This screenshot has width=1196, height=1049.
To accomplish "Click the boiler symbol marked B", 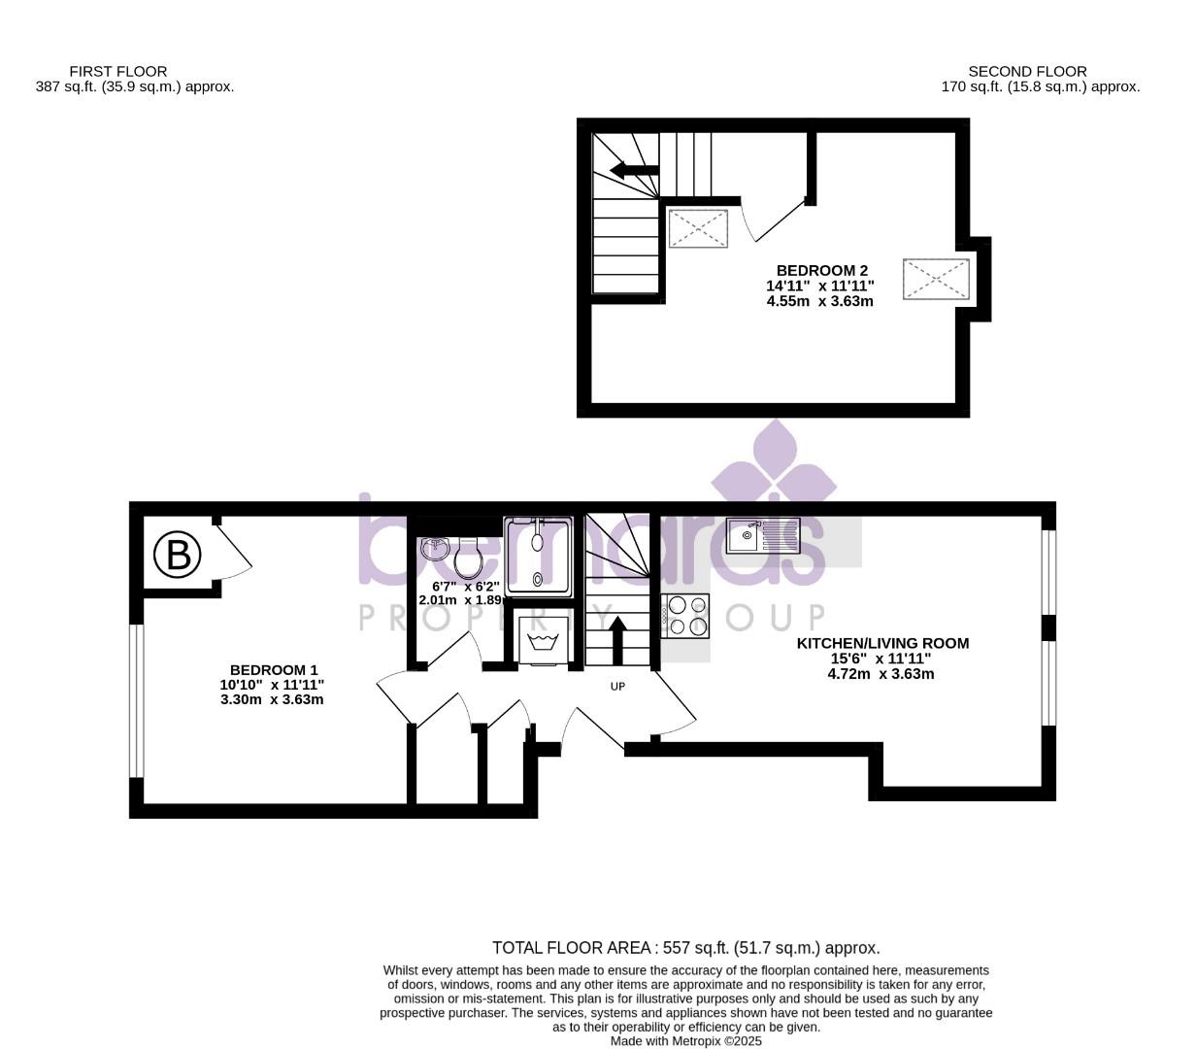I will pyautogui.click(x=178, y=555).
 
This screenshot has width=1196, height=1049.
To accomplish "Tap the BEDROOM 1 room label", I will pyautogui.click(x=273, y=670).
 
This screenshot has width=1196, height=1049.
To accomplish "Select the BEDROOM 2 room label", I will pyautogui.click(x=821, y=270).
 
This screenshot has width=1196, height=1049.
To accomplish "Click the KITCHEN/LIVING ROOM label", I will pyautogui.click(x=882, y=643).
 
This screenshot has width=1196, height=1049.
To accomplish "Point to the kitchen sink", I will pyautogui.click(x=763, y=535).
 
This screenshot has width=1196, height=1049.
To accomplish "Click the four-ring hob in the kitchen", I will pyautogui.click(x=686, y=616).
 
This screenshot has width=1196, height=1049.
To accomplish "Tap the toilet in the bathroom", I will pyautogui.click(x=469, y=558).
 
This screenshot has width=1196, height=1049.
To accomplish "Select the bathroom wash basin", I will pyautogui.click(x=434, y=549).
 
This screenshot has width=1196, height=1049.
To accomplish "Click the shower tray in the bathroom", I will pyautogui.click(x=538, y=555).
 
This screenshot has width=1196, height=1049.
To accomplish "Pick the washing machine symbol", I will pyautogui.click(x=539, y=641).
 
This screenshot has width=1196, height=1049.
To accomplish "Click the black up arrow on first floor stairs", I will pyautogui.click(x=617, y=641).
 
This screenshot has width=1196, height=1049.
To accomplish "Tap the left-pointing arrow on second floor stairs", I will pyautogui.click(x=634, y=171).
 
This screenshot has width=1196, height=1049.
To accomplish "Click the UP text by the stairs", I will pyautogui.click(x=617, y=687).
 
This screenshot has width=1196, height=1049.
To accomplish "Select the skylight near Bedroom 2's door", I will pyautogui.click(x=698, y=228).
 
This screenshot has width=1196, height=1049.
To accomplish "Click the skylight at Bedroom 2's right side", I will pyautogui.click(x=936, y=280).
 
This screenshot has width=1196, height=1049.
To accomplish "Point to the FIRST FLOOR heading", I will pyautogui.click(x=117, y=71).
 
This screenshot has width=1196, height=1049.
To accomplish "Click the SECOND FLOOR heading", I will pyautogui.click(x=1027, y=71).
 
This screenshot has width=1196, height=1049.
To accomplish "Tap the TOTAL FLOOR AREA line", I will pyautogui.click(x=685, y=948).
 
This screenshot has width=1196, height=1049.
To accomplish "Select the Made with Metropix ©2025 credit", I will pyautogui.click(x=685, y=1041).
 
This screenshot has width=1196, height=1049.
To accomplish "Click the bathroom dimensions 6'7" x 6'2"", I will pyautogui.click(x=465, y=587).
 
